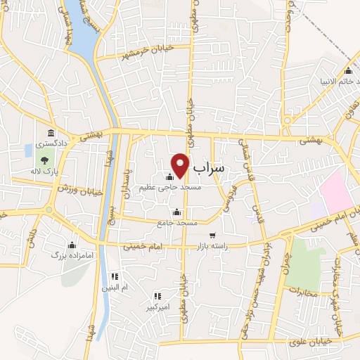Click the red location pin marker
(x=181, y=165)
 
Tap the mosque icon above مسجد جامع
(x=176, y=212)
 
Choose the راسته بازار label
(x=224, y=246)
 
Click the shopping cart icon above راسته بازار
(x=212, y=236)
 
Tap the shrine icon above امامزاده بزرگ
(x=72, y=245)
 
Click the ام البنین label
(x=115, y=288)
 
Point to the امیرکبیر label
(x=157, y=307)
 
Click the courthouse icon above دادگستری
(x=51, y=133)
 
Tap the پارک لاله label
(x=44, y=172)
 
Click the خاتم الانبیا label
(x=330, y=81)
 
